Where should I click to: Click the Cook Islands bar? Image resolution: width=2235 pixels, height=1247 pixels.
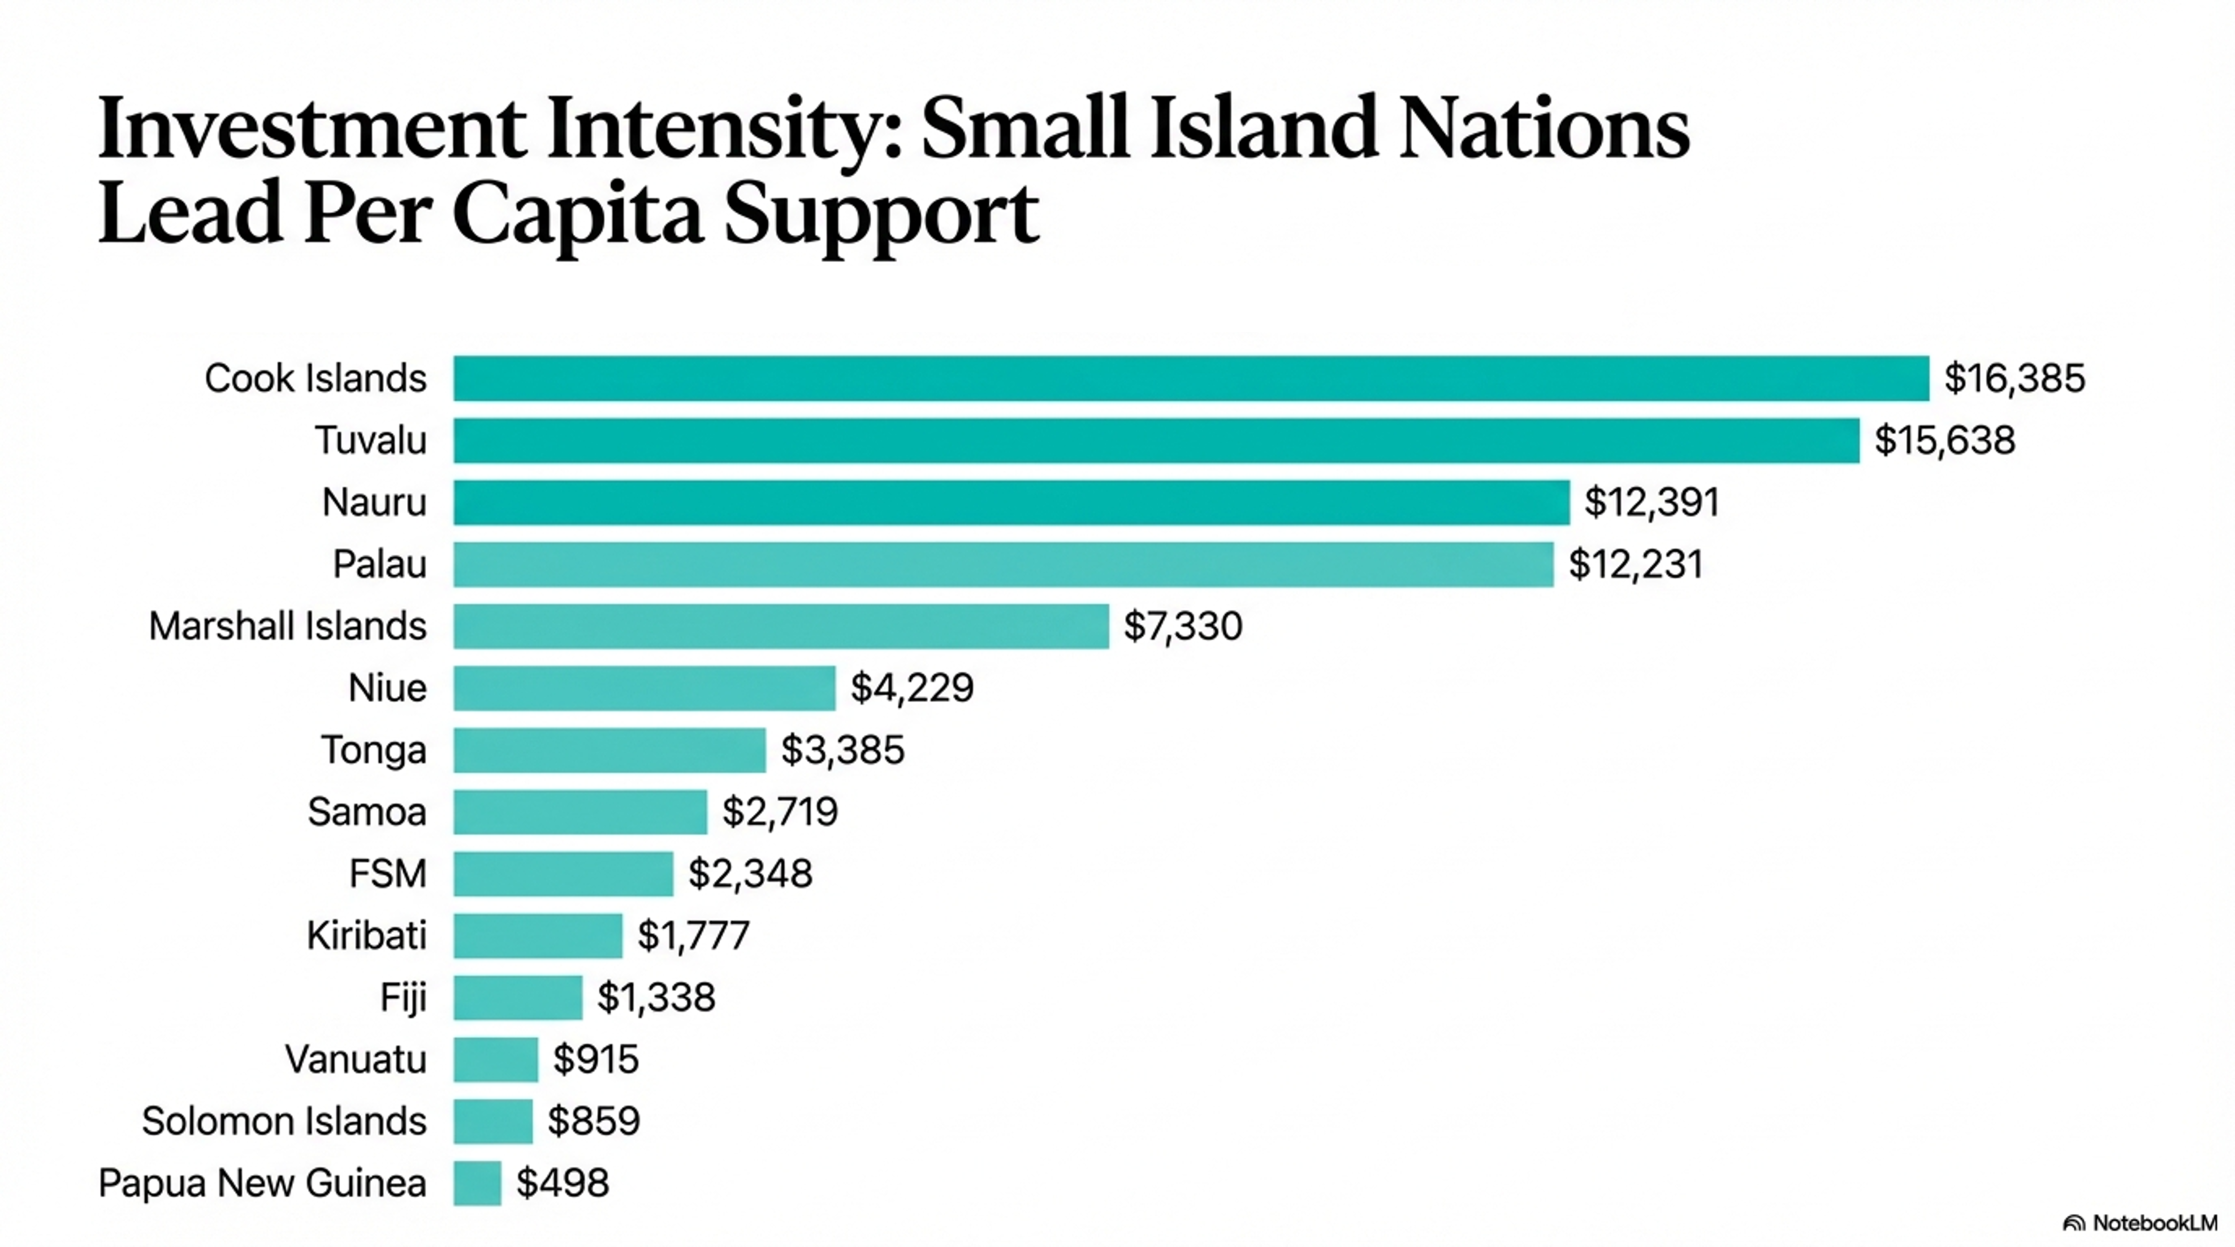coord(1190,378)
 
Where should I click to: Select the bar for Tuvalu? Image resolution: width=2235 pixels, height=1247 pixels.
coord(1156,441)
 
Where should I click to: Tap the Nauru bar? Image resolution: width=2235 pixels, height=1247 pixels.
coord(1011,502)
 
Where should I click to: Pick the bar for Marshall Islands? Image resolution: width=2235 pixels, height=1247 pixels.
coord(781,626)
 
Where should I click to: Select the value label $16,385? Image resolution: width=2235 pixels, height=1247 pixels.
coord(2014,378)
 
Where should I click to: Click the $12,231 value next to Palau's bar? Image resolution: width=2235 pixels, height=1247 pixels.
coord(1635,564)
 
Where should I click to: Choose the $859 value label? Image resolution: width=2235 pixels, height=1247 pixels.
coord(594,1121)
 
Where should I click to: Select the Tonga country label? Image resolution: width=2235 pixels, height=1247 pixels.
coord(374,750)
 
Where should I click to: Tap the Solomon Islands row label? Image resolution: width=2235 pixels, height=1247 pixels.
coord(284,1121)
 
